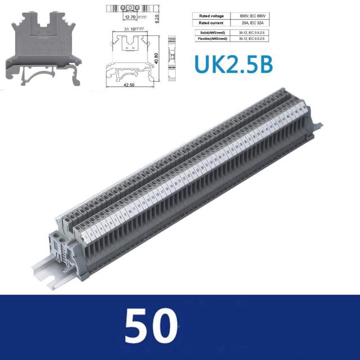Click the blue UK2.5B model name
(x=233, y=64)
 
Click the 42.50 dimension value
(x=130, y=85)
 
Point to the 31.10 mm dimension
(x=133, y=28)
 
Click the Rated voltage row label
(x=211, y=15)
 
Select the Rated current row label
(x=211, y=23)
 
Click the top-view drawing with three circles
(x=130, y=8)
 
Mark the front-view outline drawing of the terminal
(x=131, y=58)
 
